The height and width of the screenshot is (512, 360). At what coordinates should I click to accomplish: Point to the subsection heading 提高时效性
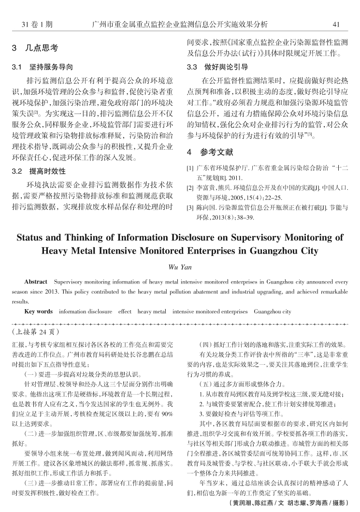(x=49, y=171)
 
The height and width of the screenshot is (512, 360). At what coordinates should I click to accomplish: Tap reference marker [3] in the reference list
(x=190, y=208)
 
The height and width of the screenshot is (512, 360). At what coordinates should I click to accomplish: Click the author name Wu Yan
(x=179, y=266)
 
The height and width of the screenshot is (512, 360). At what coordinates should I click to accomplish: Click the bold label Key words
(x=38, y=312)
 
